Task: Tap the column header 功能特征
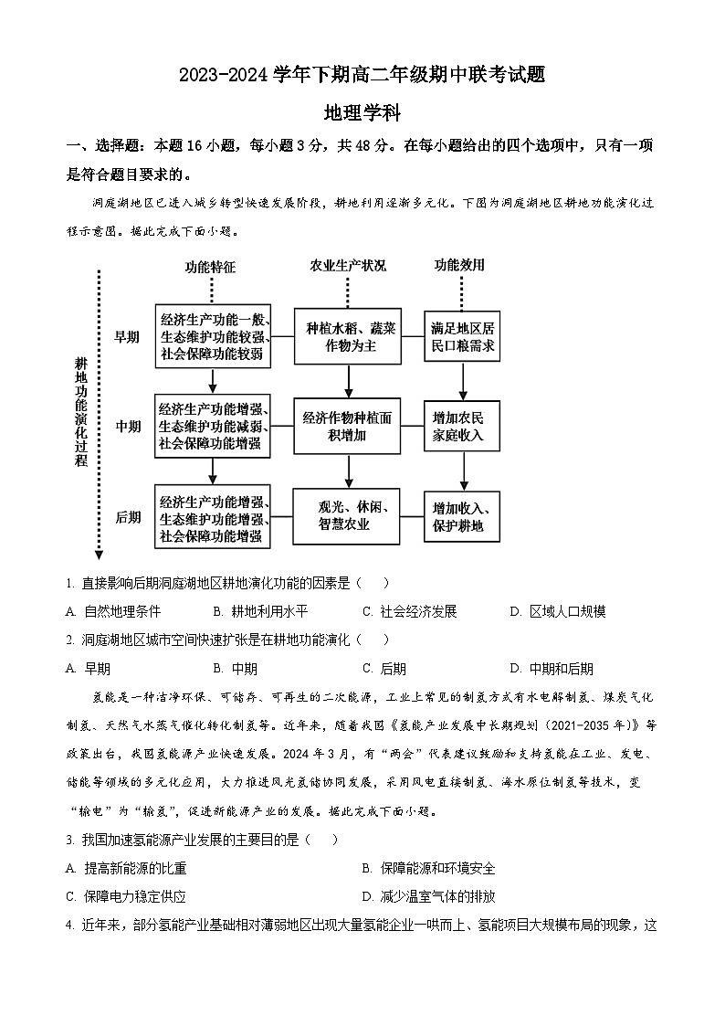[x=210, y=267]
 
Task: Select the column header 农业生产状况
[x=347, y=266]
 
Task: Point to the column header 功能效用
[x=459, y=266]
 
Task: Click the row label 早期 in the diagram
[x=127, y=337]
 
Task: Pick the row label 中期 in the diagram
[x=127, y=426]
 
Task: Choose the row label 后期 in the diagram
[x=127, y=517]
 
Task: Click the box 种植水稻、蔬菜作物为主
[x=348, y=337]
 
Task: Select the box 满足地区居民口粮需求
[x=462, y=337]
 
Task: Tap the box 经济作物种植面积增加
[x=348, y=426]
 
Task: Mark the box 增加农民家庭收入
[x=462, y=426]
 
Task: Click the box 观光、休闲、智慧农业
[x=348, y=516]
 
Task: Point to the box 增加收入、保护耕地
[x=462, y=517]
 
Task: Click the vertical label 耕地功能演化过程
[x=81, y=411]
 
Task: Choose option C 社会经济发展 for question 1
[x=410, y=611]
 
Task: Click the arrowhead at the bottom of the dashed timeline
[x=99, y=553]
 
